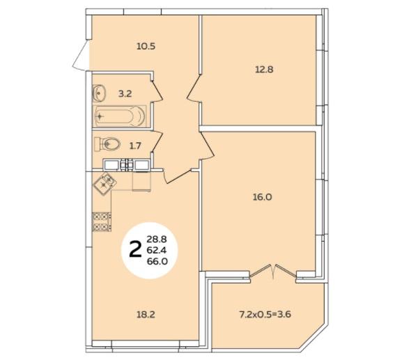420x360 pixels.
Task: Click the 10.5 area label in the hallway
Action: point(146,47)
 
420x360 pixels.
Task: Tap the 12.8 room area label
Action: point(264,70)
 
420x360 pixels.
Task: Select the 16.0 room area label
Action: point(262,198)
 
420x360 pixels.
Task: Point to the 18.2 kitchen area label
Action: point(146,315)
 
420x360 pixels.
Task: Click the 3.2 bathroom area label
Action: point(125,94)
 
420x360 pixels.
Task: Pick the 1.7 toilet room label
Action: point(135,146)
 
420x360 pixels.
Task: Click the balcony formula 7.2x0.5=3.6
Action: point(265,314)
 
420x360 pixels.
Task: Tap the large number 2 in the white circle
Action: point(135,249)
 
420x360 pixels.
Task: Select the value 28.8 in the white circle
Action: point(157,239)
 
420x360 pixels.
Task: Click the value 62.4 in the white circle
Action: point(157,250)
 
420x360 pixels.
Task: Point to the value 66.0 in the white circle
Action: point(157,261)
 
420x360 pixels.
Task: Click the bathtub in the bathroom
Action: point(120,116)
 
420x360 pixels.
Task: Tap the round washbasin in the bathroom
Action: point(99,93)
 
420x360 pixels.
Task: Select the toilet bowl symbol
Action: point(107,144)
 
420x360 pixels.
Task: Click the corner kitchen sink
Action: point(104,184)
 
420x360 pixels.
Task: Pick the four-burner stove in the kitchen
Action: point(102,222)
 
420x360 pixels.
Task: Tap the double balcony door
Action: point(273,272)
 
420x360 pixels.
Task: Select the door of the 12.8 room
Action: point(194,88)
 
